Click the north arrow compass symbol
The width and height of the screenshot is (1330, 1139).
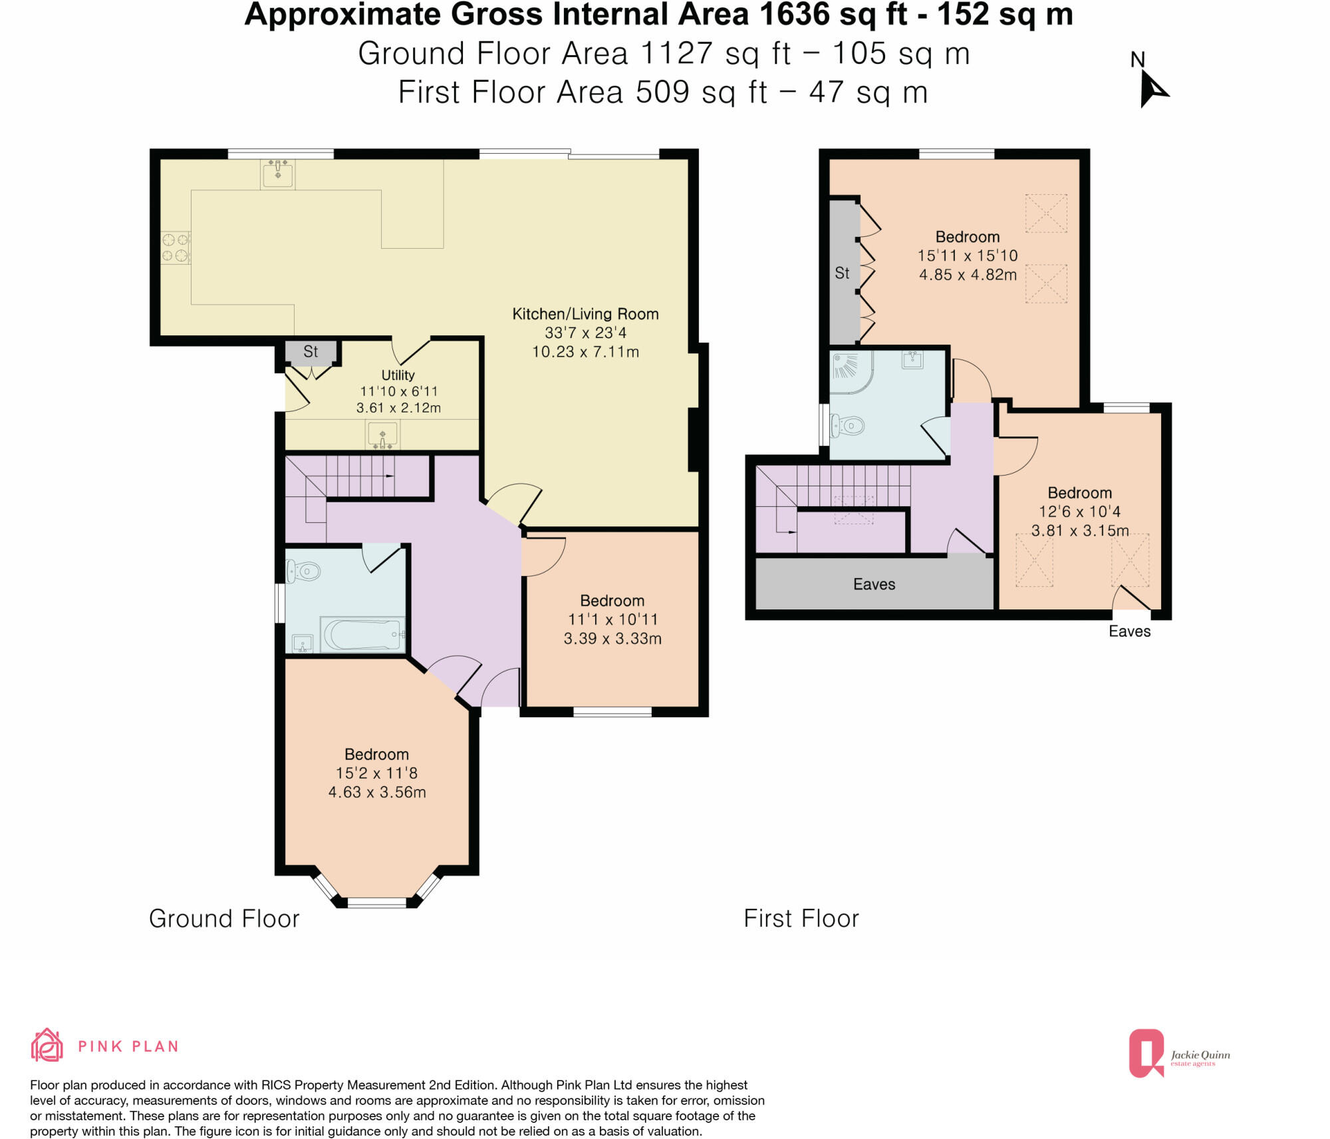tap(1152, 89)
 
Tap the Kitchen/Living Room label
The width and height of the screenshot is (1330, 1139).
tap(585, 314)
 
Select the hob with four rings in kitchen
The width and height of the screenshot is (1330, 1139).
tap(176, 247)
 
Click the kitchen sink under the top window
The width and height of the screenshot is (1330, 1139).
tap(277, 174)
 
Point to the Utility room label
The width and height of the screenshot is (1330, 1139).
tap(398, 375)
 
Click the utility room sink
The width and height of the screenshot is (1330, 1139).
tap(382, 435)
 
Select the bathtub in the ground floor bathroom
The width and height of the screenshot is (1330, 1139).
tap(362, 635)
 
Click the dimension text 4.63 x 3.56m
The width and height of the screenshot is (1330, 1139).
tap(377, 792)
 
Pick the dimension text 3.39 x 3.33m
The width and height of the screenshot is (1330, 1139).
tap(612, 639)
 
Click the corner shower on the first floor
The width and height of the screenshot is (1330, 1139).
tap(851, 370)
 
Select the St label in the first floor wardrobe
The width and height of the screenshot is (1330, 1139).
tap(842, 273)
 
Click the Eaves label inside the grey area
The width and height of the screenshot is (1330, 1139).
tap(874, 584)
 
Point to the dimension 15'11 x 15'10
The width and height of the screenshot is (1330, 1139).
tap(968, 255)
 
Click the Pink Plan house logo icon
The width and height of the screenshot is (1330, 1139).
tap(47, 1045)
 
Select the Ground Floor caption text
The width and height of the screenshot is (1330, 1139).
tap(224, 919)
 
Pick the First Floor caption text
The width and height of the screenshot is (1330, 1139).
tap(801, 919)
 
